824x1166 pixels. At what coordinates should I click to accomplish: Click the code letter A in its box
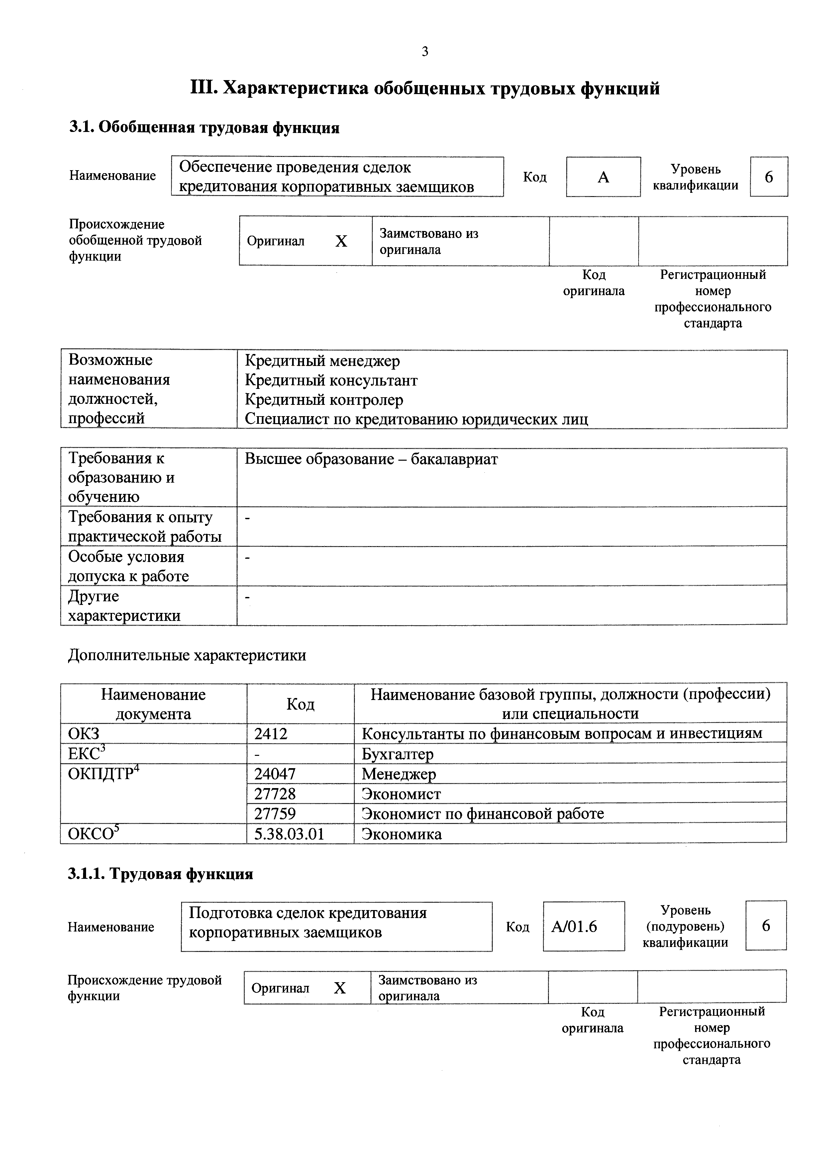603,177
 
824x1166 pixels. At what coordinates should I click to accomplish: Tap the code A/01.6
574,927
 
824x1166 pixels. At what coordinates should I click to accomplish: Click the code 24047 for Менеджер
275,774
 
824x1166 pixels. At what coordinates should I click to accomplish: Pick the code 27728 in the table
275,794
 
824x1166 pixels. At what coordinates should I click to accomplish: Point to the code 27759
275,814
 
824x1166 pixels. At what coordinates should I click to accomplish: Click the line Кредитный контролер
324,400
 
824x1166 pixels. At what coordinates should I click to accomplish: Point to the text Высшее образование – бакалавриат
371,459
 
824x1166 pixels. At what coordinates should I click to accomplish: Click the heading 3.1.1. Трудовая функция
160,874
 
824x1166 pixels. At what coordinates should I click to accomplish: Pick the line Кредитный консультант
331,380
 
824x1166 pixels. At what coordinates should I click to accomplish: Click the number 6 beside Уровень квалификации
768,177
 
